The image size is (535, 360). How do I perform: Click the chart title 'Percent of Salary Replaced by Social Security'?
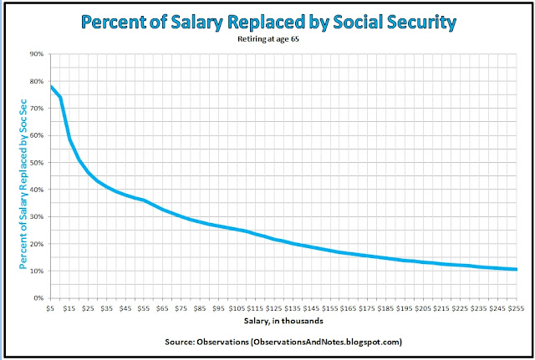[267, 21]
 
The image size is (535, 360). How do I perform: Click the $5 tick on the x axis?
[52, 308]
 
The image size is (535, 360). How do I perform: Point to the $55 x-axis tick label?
[144, 308]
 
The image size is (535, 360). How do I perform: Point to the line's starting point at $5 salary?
[52, 87]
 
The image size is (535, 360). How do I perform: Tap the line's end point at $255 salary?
[517, 269]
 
